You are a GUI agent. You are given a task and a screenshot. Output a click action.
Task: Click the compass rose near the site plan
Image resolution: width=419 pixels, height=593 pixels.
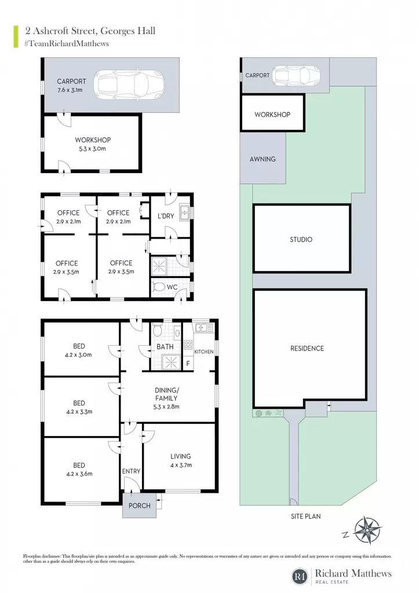[367, 530]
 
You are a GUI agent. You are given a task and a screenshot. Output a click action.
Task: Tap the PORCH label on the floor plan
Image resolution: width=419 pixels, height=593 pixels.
[139, 506]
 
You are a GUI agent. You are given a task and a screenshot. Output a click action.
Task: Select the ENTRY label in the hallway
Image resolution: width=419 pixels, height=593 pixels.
[131, 471]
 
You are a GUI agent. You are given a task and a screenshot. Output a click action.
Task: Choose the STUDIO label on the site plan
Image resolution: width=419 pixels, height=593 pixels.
[301, 239]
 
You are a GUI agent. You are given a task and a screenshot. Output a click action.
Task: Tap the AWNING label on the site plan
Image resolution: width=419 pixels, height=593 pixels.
[263, 159]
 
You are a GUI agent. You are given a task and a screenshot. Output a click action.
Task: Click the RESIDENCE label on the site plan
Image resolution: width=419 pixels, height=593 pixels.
[307, 348]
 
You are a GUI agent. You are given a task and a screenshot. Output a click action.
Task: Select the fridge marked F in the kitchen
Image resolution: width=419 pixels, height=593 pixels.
[188, 364]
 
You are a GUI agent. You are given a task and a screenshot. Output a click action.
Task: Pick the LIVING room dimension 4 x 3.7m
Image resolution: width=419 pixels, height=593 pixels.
[181, 465]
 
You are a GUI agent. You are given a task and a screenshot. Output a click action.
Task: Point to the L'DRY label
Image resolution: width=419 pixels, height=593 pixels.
[166, 216]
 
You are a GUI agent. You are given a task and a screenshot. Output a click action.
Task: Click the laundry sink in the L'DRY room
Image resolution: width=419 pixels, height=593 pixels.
[185, 213]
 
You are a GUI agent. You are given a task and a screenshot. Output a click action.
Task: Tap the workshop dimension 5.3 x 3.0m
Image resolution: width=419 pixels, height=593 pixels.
[92, 149]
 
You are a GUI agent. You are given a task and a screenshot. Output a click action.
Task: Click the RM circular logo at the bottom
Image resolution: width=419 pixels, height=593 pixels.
[300, 577]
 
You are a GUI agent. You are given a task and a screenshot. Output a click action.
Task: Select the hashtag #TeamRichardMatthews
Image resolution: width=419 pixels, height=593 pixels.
[67, 43]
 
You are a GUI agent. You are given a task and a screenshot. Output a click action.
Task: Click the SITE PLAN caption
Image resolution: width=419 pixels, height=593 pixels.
[305, 516]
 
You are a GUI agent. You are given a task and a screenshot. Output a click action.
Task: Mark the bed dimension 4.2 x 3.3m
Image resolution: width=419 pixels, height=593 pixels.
[79, 412]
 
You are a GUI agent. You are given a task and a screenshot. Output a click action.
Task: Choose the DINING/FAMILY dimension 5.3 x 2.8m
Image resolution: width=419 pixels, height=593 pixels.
[166, 407]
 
